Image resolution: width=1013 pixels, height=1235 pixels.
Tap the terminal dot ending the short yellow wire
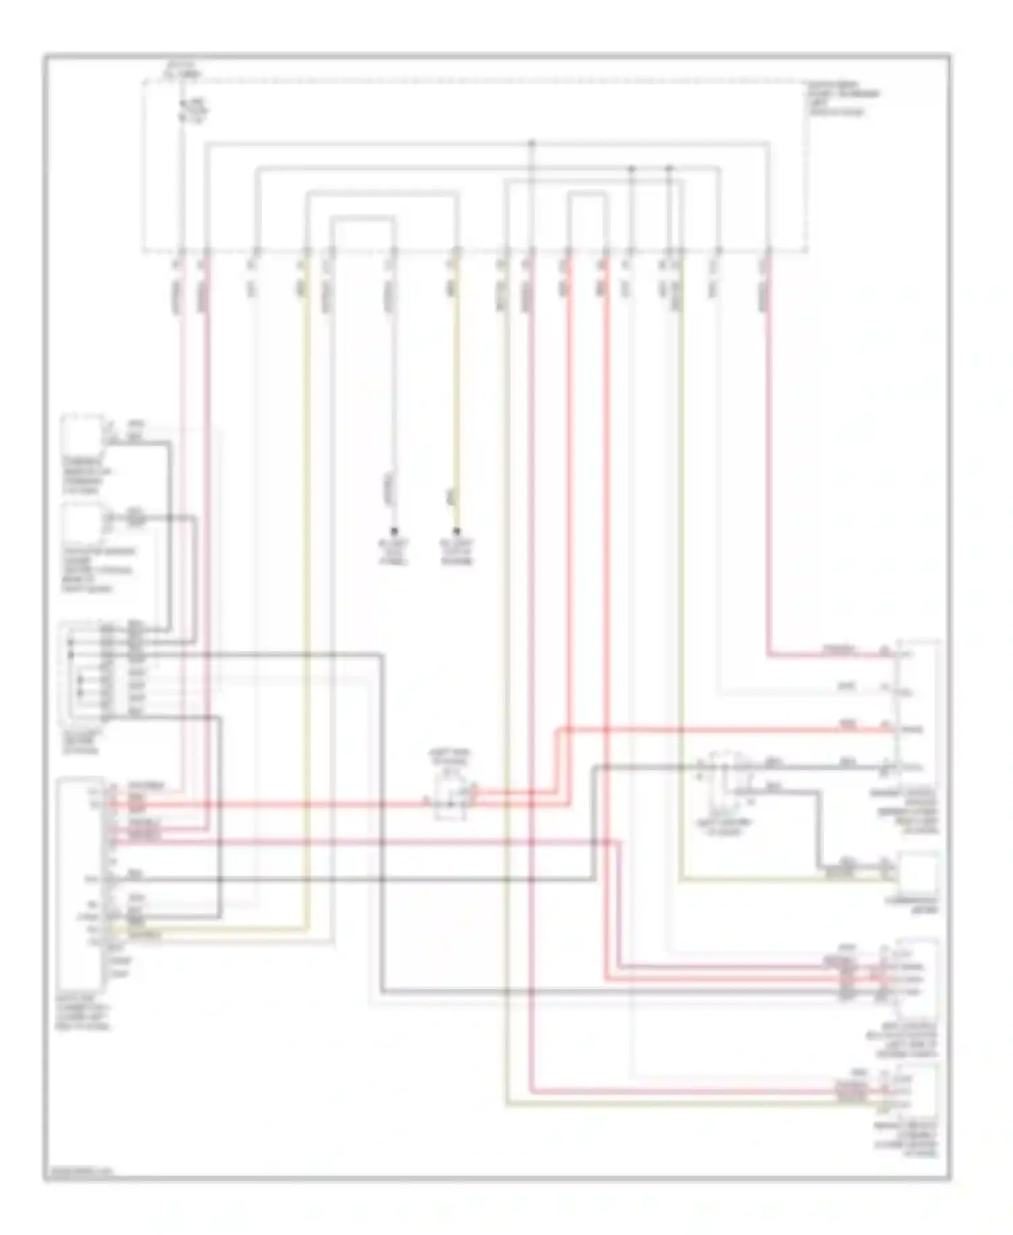(457, 531)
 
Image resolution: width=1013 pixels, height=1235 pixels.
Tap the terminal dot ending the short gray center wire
(394, 531)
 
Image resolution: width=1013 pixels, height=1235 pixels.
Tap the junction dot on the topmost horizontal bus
(531, 143)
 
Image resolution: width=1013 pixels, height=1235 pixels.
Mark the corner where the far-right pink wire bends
(769, 655)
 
